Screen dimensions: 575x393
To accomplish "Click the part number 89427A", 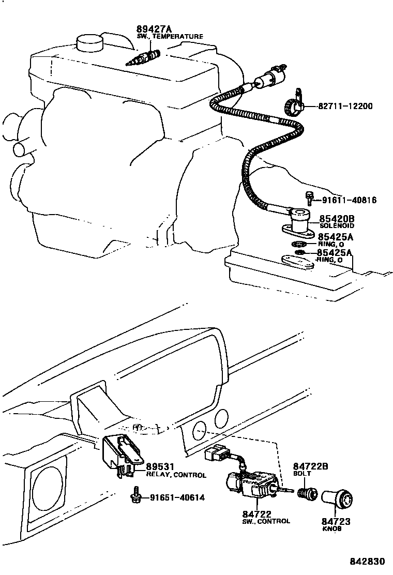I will click(x=154, y=29).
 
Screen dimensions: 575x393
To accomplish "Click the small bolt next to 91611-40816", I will click(x=309, y=198).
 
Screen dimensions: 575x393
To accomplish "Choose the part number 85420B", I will click(x=336, y=219).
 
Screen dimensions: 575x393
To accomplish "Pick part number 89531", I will click(x=161, y=466).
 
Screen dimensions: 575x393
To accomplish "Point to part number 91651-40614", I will click(x=177, y=498).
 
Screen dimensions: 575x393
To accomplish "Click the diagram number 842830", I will click(x=367, y=562).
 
